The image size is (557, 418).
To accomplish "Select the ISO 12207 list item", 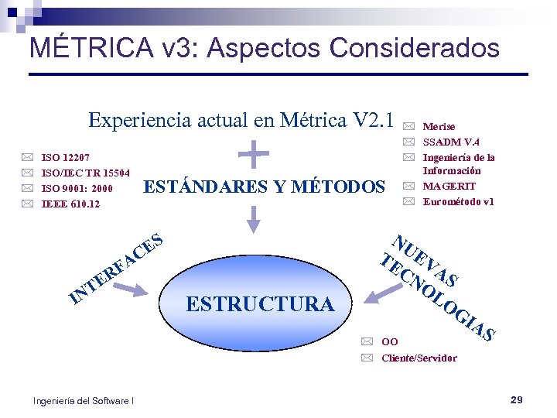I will [65, 157].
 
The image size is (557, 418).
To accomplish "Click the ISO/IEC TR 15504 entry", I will [85, 173].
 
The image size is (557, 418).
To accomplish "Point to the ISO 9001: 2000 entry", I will [77, 188].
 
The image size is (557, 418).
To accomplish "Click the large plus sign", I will [254, 152].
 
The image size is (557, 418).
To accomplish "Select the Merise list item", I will [439, 126].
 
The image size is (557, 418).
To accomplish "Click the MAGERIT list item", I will [449, 186].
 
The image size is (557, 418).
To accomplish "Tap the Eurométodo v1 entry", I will [459, 201].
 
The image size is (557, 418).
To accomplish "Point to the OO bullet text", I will [390, 341].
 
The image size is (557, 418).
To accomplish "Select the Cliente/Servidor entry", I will [419, 358].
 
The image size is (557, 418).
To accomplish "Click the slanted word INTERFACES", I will [115, 267].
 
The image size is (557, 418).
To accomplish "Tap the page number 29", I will [517, 399].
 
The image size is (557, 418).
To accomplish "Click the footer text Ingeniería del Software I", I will [84, 400].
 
